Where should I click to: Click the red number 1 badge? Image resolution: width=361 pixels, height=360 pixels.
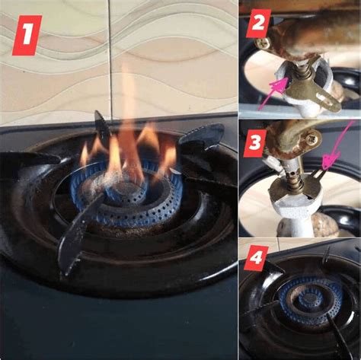click(x=27, y=36)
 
